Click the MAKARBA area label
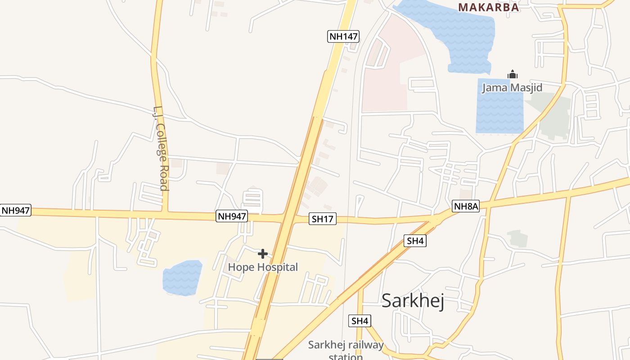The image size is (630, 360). [489, 7]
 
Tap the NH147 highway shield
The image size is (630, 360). [343, 36]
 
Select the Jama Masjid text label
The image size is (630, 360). [512, 87]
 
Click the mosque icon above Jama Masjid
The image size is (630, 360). [512, 75]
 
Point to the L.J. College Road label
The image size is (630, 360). [161, 148]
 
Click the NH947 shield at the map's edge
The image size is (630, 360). [16, 210]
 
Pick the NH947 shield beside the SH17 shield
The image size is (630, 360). [232, 216]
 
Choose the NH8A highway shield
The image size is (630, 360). [466, 207]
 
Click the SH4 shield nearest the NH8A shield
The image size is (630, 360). [415, 241]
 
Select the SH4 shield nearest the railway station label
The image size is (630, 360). [360, 321]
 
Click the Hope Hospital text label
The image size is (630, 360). [263, 267]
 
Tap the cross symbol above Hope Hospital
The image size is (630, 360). [263, 254]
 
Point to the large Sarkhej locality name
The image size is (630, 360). [413, 301]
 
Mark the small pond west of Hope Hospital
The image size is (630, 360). [182, 278]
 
